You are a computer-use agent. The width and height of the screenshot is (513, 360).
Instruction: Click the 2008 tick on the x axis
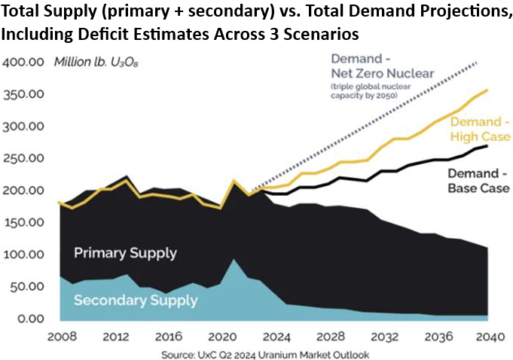pyautogui.click(x=61, y=336)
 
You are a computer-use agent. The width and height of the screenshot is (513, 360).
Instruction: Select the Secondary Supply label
pyautogui.click(x=136, y=301)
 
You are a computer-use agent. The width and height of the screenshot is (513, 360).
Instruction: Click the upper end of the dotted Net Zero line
pyautogui.click(x=476, y=63)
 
